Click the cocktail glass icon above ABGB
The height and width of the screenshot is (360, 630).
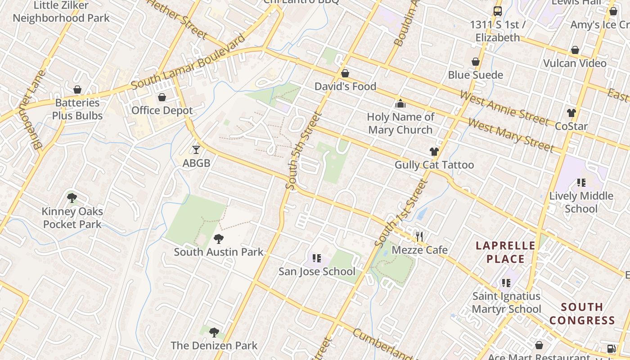(x=196, y=150)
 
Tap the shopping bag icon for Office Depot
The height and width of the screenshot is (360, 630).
(x=162, y=97)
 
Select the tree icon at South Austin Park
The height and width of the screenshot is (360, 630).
(x=219, y=238)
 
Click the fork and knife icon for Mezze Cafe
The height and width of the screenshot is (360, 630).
(x=419, y=236)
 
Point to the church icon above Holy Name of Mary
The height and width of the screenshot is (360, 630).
(x=400, y=103)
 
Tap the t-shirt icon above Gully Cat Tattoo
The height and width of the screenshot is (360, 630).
(x=434, y=152)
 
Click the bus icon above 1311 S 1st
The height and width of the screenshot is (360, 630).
(x=498, y=11)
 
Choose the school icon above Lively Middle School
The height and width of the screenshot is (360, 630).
(x=581, y=183)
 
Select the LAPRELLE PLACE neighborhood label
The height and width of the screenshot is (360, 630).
(x=506, y=252)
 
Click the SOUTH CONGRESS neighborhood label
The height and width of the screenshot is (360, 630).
(x=582, y=314)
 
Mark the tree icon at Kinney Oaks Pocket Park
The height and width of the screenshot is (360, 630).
(x=72, y=198)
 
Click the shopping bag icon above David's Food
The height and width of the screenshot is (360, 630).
(x=345, y=73)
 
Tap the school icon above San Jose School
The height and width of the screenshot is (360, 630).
(x=317, y=258)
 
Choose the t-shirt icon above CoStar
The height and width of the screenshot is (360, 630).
(x=571, y=113)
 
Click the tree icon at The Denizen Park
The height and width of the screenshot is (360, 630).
(x=214, y=333)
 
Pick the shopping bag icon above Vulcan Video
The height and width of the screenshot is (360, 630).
(x=575, y=50)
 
